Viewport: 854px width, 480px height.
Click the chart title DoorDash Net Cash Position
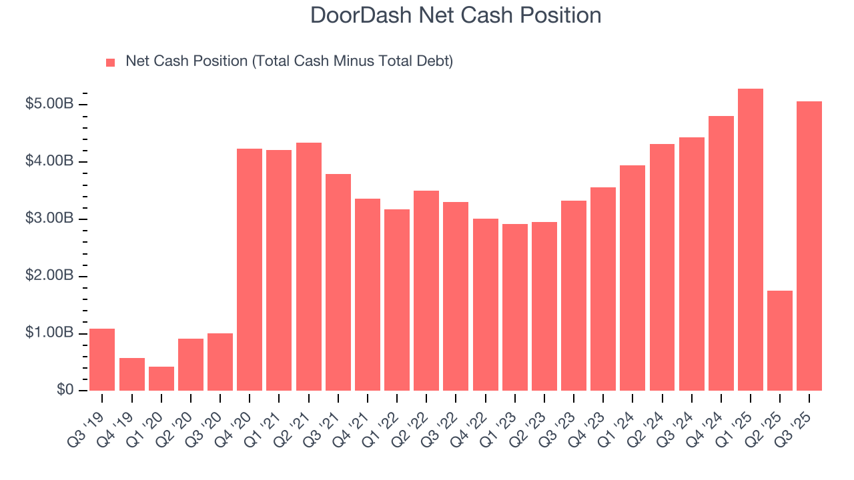(x=456, y=15)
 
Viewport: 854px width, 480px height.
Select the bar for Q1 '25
(x=751, y=240)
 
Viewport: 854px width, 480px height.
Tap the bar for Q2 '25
(x=780, y=341)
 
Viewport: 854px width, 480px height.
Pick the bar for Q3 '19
(x=102, y=359)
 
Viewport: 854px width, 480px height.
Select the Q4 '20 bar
(x=250, y=270)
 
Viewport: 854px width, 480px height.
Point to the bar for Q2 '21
(x=309, y=267)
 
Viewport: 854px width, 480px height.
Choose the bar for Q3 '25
(x=809, y=246)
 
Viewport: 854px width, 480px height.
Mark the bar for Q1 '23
(x=515, y=307)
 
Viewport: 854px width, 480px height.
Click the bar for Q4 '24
(x=721, y=253)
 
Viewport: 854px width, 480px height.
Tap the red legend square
(x=111, y=62)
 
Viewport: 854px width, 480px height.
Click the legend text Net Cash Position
(x=289, y=61)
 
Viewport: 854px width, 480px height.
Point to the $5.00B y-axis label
(x=49, y=105)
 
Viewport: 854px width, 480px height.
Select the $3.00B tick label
(x=49, y=219)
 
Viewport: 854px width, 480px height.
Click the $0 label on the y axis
(x=64, y=391)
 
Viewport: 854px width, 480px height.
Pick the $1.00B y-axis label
(x=49, y=333)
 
